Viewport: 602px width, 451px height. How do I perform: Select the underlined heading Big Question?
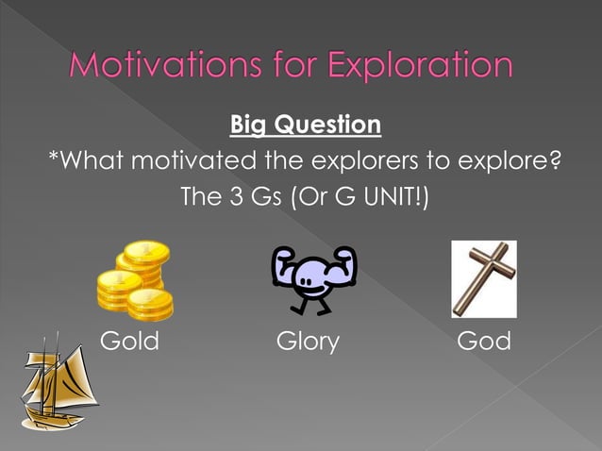pos(304,125)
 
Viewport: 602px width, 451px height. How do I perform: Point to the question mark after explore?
pos(554,161)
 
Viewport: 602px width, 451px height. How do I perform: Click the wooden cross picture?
pos(483,278)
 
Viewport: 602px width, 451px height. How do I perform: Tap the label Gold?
pos(129,341)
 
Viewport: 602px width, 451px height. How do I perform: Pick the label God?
pos(483,341)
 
